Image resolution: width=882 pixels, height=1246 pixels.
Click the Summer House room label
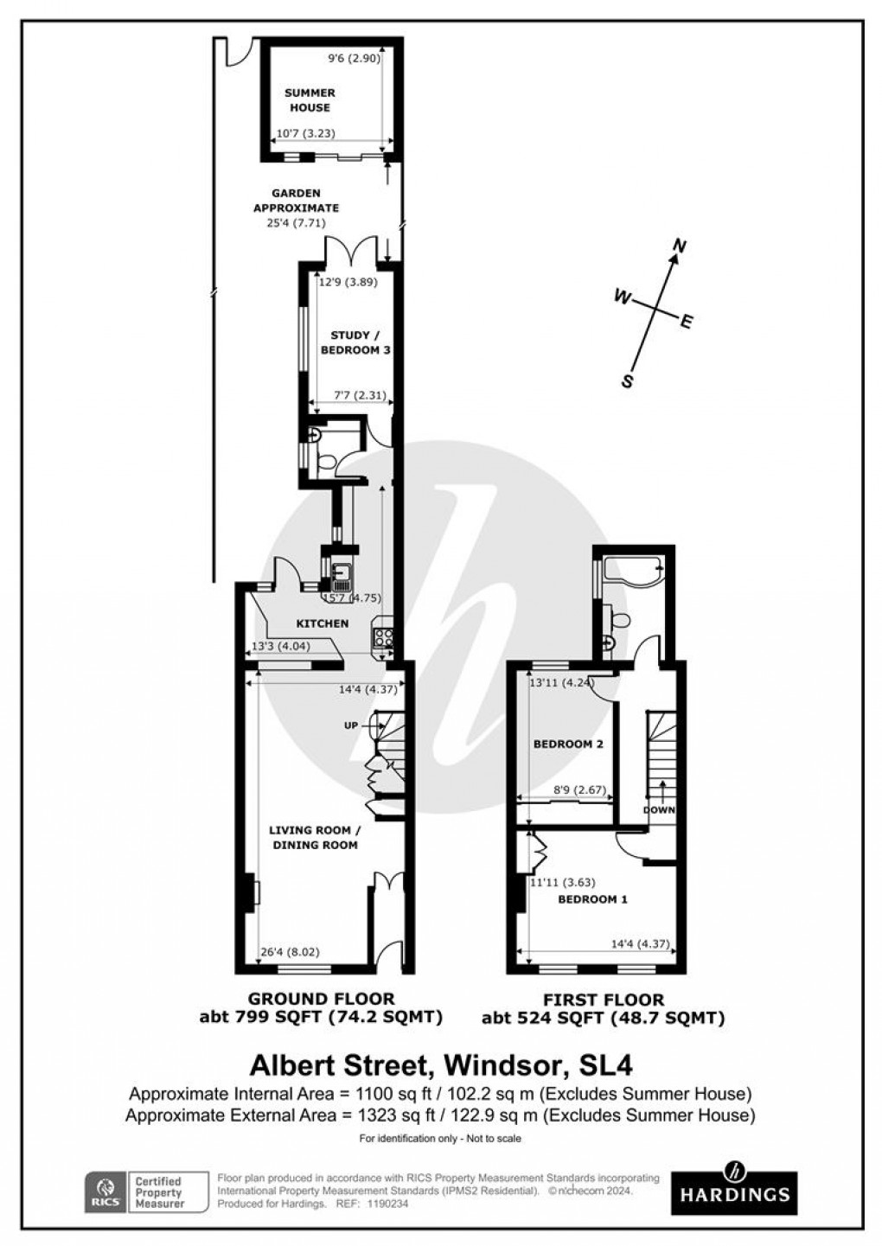(x=310, y=100)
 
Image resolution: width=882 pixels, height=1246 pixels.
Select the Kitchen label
(x=322, y=623)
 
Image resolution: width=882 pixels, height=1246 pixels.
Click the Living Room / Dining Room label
(x=313, y=837)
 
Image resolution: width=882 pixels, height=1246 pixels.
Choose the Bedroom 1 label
(x=592, y=899)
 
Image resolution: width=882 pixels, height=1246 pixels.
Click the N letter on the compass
(x=680, y=247)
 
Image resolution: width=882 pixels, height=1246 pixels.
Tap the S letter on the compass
(x=629, y=380)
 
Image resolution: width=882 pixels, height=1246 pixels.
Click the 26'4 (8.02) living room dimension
(x=290, y=953)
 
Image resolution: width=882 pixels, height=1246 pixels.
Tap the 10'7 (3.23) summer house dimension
(x=304, y=134)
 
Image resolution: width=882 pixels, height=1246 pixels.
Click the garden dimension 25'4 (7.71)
(x=296, y=223)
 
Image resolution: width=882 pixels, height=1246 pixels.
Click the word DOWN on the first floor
(x=659, y=810)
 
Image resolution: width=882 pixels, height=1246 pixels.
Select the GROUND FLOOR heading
(x=321, y=999)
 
